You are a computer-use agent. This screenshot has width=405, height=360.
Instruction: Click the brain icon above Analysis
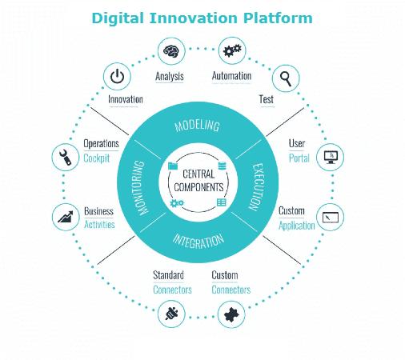pyautogui.click(x=171, y=50)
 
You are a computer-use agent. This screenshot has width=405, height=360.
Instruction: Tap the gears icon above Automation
pyautogui.click(x=232, y=50)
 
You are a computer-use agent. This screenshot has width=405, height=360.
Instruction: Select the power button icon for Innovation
pyautogui.click(x=117, y=76)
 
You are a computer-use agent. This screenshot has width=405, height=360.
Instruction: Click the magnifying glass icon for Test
pyautogui.click(x=286, y=78)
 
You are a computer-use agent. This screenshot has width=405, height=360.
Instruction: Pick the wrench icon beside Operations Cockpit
pyautogui.click(x=66, y=157)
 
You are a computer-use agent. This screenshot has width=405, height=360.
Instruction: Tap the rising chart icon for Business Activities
pyautogui.click(x=66, y=217)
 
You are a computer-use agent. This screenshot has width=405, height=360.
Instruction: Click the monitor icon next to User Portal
pyautogui.click(x=331, y=157)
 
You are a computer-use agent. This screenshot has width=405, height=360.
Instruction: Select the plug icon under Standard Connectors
pyautogui.click(x=171, y=314)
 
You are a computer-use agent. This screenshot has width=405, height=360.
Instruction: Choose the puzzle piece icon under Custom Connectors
pyautogui.click(x=231, y=314)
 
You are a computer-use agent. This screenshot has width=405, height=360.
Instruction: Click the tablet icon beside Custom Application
pyautogui.click(x=331, y=218)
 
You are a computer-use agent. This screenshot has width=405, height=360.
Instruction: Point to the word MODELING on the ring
pyautogui.click(x=197, y=126)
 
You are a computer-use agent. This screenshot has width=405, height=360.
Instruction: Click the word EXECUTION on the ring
pyautogui.click(x=257, y=186)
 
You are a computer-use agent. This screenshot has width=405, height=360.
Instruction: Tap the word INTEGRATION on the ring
pyautogui.click(x=198, y=242)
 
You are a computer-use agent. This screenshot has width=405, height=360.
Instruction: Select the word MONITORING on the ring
pyautogui.click(x=141, y=187)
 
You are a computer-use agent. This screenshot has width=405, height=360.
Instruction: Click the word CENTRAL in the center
pyautogui.click(x=198, y=174)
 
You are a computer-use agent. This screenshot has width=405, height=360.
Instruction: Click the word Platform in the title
pyautogui.click(x=278, y=18)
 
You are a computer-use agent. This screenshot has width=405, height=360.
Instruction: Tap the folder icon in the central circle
pyautogui.click(x=173, y=166)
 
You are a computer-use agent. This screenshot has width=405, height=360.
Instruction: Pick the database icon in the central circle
pyautogui.click(x=222, y=166)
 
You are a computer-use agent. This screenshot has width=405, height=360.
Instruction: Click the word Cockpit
pyautogui.click(x=97, y=158)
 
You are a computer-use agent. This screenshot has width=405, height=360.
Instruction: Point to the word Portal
pyautogui.click(x=299, y=158)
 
